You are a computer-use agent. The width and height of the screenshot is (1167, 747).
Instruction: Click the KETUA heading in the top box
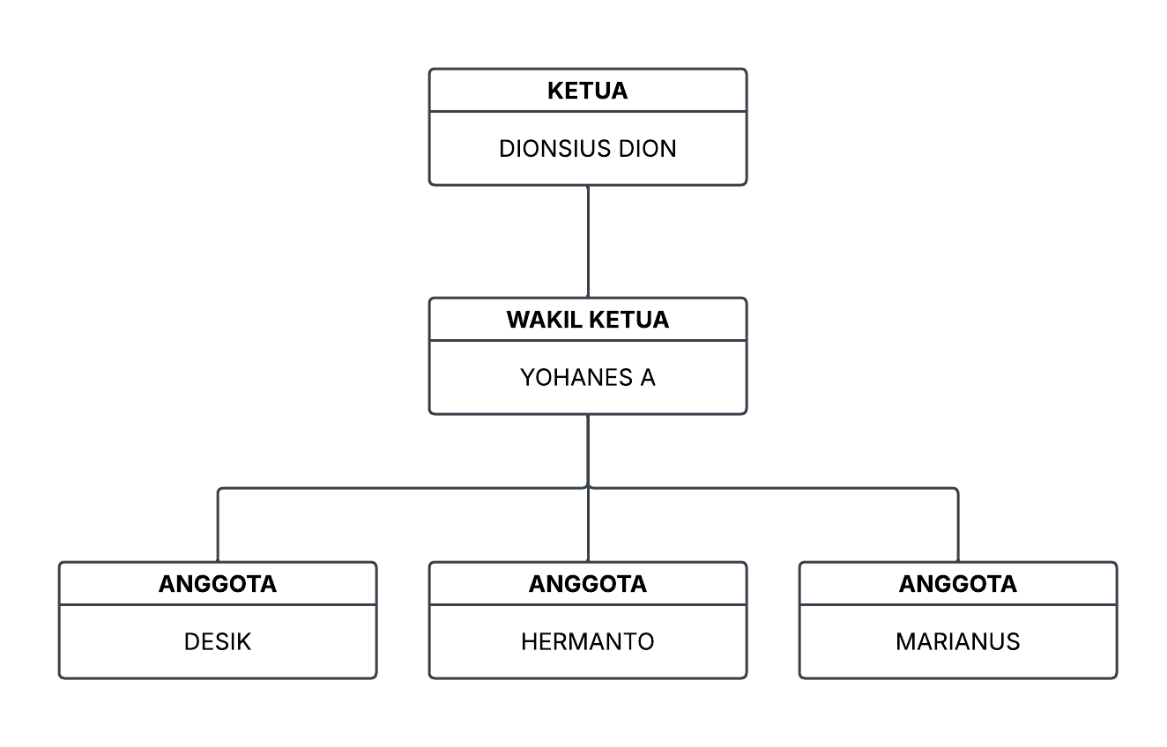[x=587, y=91]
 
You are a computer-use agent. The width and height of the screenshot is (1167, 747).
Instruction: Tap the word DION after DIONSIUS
[x=647, y=149]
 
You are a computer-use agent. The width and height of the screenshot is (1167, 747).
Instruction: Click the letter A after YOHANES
[x=647, y=378]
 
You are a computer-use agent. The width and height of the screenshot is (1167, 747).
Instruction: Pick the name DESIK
[x=218, y=642]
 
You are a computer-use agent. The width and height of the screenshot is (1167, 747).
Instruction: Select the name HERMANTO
[x=587, y=642]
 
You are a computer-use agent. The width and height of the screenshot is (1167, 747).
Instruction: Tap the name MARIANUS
[x=957, y=642]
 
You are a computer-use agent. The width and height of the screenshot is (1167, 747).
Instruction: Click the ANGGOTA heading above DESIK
[x=218, y=584]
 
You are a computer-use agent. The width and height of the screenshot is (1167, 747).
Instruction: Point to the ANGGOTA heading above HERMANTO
[x=587, y=584]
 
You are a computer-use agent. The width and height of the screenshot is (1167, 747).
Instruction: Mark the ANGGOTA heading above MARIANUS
[x=957, y=584]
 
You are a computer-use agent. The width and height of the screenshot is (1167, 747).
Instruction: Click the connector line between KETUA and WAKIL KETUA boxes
[x=588, y=241]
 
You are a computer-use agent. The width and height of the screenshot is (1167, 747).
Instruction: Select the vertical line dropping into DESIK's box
[x=218, y=527]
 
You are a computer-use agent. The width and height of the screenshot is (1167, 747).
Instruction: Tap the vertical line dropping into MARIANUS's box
[x=958, y=527]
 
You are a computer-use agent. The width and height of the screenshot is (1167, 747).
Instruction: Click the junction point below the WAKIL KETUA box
[x=588, y=487]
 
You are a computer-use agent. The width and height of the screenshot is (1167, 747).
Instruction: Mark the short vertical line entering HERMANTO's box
[x=588, y=529]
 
